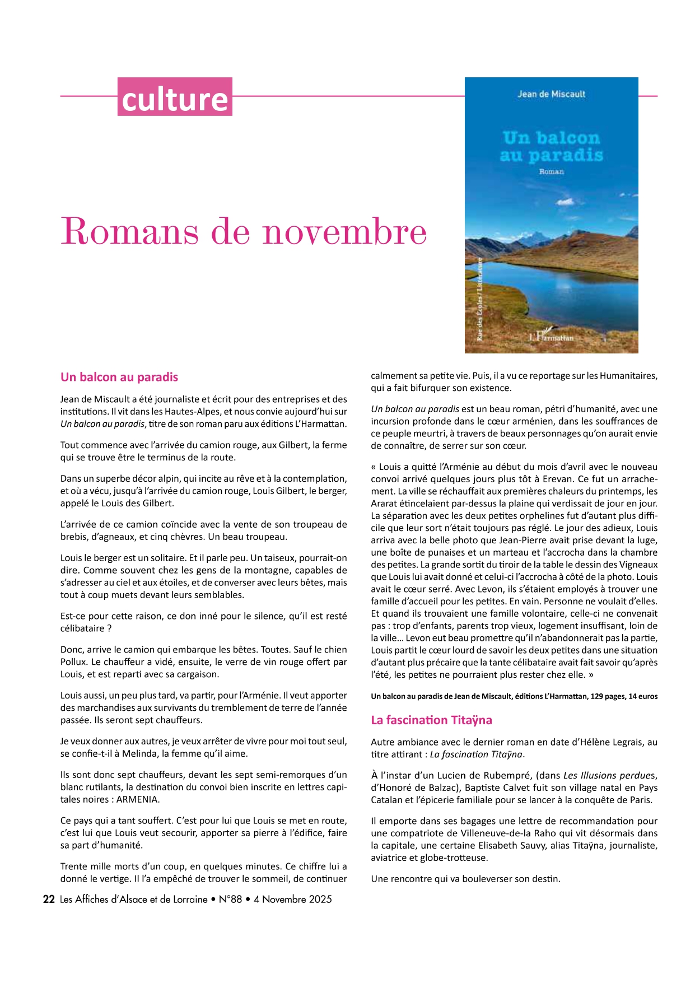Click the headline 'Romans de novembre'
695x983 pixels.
[243, 231]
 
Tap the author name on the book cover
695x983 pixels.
[551, 94]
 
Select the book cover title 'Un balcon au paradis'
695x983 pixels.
[551, 146]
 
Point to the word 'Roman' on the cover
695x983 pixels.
[551, 171]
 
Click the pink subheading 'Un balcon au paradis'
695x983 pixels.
[119, 377]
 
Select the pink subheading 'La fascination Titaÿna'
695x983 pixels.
[431, 720]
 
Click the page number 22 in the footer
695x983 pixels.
[49, 899]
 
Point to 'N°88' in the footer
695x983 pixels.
[230, 899]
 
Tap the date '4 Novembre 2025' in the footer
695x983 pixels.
[292, 899]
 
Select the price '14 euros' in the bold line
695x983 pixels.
[643, 696]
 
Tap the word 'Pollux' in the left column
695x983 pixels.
[73, 662]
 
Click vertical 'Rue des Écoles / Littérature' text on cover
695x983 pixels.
[480, 300]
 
